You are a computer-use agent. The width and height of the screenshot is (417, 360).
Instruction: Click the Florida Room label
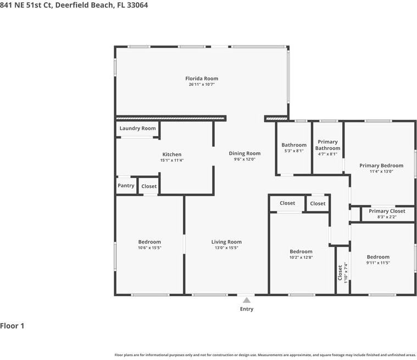point(202,79)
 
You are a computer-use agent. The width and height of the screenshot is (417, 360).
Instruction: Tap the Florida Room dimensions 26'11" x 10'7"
point(202,84)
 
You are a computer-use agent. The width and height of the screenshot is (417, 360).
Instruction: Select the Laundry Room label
point(137,128)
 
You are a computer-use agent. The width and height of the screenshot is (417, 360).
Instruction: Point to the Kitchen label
point(172,154)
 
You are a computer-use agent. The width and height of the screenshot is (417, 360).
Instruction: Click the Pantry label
point(126,185)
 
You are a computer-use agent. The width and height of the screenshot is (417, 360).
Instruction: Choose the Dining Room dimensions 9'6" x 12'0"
point(244,159)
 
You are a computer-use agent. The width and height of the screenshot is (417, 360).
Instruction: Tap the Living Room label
point(226,242)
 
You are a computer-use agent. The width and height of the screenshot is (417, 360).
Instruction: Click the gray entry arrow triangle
point(247,300)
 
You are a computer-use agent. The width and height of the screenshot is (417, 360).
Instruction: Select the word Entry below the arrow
point(247,309)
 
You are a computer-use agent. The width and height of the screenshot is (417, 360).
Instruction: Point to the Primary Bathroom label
point(327,145)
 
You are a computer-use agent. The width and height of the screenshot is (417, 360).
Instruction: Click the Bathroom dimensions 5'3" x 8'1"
point(294,151)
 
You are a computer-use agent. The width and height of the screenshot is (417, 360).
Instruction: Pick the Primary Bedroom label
point(381,165)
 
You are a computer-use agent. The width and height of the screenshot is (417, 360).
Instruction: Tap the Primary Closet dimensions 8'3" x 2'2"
point(387,217)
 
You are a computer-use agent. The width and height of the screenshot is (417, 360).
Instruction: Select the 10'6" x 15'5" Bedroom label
point(149,242)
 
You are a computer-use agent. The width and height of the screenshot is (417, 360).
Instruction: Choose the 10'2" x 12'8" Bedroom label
point(301,251)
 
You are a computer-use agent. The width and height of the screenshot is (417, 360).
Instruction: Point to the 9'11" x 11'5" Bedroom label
point(378,257)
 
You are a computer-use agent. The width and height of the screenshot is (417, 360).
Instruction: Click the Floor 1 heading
point(12,326)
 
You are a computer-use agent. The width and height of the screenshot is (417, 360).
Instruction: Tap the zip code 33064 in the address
point(137,5)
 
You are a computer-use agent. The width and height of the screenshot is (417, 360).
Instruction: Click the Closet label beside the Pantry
point(149,186)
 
